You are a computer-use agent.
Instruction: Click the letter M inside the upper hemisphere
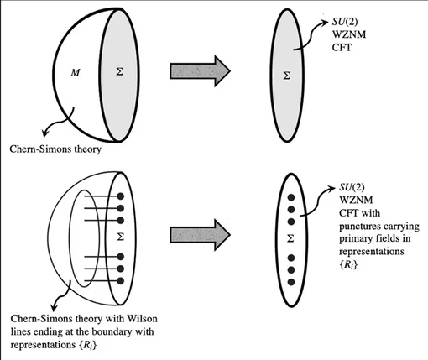[x=76, y=73]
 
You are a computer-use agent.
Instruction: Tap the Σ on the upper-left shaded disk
[x=119, y=72]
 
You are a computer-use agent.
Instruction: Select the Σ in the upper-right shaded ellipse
[x=286, y=76]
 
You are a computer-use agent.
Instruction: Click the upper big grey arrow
[x=200, y=70]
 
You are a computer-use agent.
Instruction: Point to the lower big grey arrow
[x=200, y=235]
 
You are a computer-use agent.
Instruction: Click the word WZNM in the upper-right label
[x=349, y=34]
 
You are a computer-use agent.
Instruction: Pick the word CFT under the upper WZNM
[x=342, y=48]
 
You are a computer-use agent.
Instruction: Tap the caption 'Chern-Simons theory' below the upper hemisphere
[x=55, y=149]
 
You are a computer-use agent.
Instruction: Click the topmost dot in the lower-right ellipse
[x=291, y=197]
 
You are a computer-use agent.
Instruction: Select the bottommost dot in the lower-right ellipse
[x=291, y=282]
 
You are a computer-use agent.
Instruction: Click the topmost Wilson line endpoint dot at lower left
[x=121, y=196]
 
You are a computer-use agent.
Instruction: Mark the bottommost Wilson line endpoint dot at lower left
[x=121, y=281]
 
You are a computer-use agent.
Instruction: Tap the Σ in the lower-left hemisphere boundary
[x=121, y=237]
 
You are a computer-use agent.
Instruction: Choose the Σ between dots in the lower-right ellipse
[x=290, y=238]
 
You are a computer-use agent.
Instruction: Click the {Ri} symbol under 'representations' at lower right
[x=348, y=264]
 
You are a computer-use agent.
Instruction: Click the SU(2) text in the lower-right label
[x=352, y=187]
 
